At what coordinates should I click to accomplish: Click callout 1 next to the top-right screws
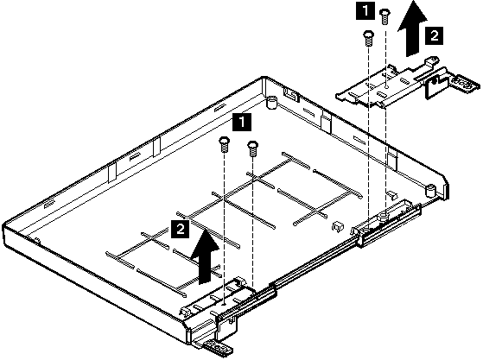point(365,11)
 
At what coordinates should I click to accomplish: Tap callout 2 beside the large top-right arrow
point(435,35)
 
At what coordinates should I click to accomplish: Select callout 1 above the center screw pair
point(242,122)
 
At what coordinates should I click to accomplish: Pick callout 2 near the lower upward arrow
point(181,229)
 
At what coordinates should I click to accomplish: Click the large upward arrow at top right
point(412,28)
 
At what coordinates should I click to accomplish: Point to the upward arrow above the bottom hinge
point(205,257)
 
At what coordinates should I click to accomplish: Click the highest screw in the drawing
point(384,16)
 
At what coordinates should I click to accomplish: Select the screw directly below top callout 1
point(368,38)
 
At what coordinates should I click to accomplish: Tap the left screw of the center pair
point(224,145)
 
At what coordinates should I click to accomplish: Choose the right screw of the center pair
point(252,148)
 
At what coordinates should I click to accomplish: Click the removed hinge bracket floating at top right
point(407,83)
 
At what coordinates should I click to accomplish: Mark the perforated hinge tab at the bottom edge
point(218,348)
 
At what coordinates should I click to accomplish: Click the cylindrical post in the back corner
point(271,102)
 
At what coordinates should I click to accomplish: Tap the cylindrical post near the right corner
point(430,191)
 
